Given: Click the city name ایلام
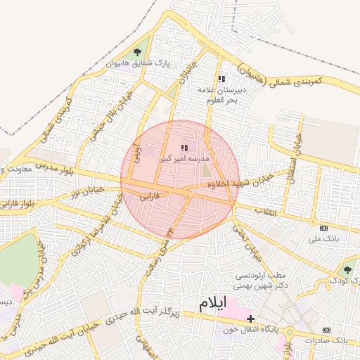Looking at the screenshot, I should pos(214,304).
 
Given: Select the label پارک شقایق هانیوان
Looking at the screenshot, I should pos(139,63).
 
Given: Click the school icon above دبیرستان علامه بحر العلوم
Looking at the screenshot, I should pos(222,79).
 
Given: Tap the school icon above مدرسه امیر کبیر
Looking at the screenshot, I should pos(184,148).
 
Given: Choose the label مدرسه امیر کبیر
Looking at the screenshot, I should pos(184,159).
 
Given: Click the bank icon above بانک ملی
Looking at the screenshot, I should pos(323,228).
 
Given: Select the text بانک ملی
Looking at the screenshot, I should pos(323,239).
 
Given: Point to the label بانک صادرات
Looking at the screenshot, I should pos(327,340).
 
